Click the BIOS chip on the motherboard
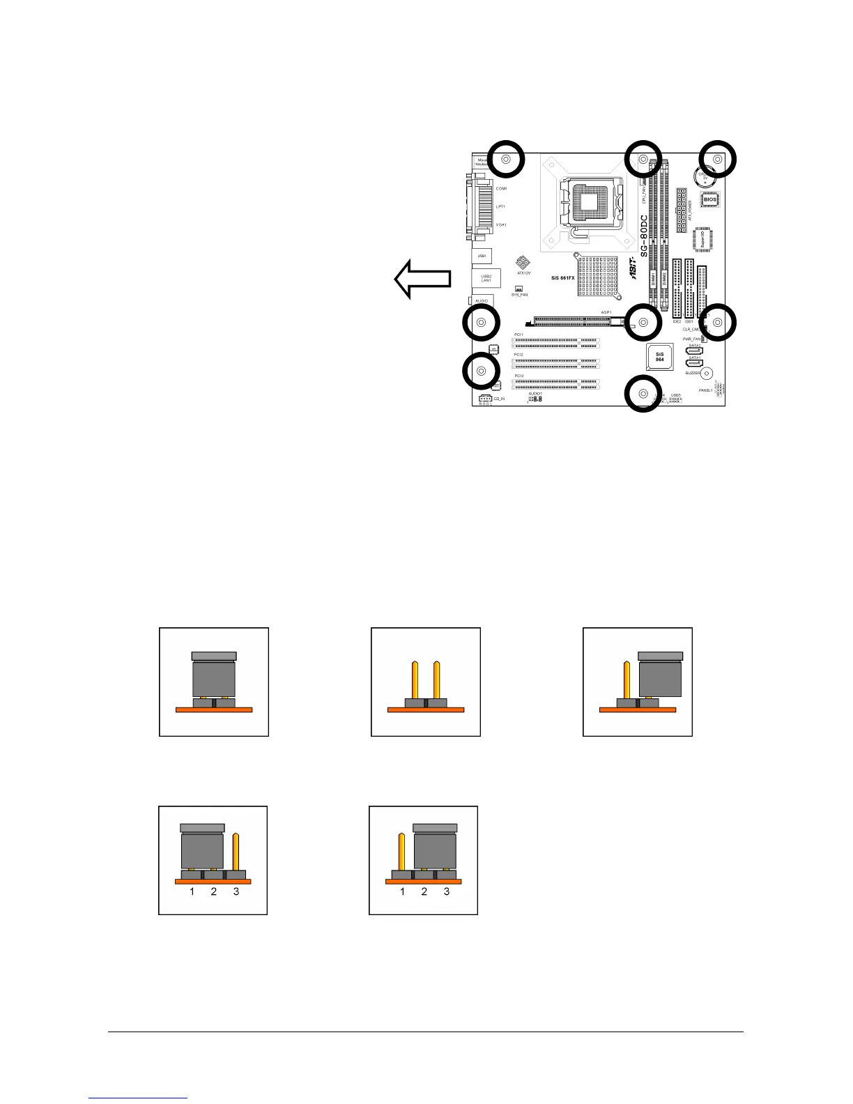(709, 199)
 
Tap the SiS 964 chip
(659, 356)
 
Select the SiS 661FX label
(562, 278)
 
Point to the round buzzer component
(707, 373)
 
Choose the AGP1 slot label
(606, 312)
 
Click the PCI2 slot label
(518, 355)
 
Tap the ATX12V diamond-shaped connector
(521, 263)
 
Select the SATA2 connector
(694, 351)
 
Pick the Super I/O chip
(703, 239)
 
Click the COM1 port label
(501, 189)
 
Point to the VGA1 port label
(501, 225)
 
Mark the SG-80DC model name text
(645, 236)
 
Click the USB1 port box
(482, 256)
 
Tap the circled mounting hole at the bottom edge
(643, 394)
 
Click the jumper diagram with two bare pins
(426, 682)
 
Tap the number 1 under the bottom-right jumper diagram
(402, 891)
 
